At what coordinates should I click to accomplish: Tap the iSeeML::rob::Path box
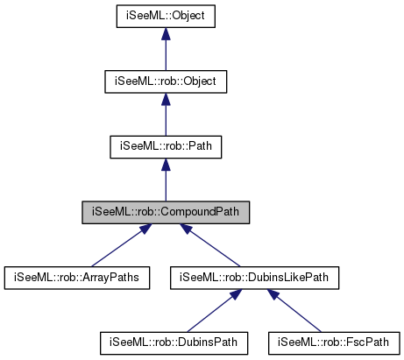166,145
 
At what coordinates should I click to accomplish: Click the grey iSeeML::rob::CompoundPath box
166,211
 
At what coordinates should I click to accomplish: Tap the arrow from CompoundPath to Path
166,181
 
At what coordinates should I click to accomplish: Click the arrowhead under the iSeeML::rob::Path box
166,165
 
